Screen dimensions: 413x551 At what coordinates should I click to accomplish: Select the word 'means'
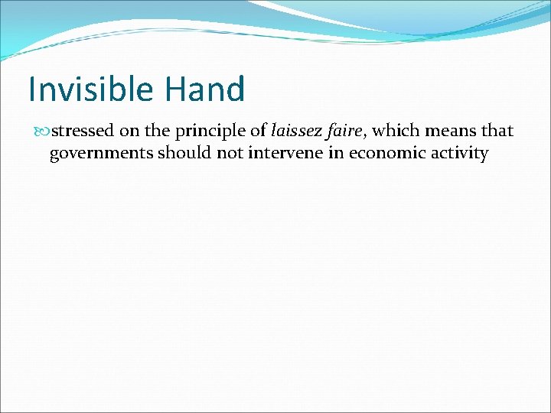point(449,132)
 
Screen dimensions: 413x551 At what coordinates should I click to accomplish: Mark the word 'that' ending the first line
point(497,132)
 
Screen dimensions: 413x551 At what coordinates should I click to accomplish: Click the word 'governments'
point(101,154)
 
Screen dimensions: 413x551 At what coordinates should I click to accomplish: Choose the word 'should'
point(184,153)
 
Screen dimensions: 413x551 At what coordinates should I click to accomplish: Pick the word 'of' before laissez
point(258,132)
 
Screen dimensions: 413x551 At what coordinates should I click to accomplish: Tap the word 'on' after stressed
point(129,132)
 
